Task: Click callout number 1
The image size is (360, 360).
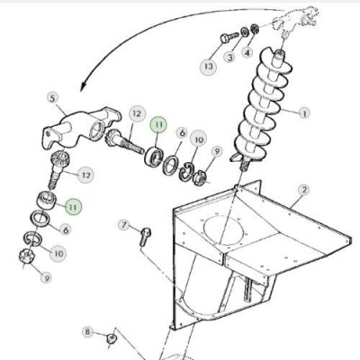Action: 304,113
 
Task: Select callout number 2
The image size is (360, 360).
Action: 304,190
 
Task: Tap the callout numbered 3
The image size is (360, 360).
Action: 229,57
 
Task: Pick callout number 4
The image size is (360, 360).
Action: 247,53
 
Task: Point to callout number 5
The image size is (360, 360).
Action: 53,98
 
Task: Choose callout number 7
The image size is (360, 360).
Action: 124,224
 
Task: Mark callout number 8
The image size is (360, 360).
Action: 87,332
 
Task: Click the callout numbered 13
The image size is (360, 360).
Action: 208,66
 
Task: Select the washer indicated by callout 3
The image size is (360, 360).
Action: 245,31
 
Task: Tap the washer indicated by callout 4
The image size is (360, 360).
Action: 255,29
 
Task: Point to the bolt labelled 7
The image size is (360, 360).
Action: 146,237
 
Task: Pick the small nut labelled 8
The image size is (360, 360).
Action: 112,338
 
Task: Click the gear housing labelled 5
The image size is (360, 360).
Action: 79,129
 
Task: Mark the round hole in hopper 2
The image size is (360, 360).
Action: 223,229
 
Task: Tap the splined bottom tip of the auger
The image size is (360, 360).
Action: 245,166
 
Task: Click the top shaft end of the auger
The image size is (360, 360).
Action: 280,54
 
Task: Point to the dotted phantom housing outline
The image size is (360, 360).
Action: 295,19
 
